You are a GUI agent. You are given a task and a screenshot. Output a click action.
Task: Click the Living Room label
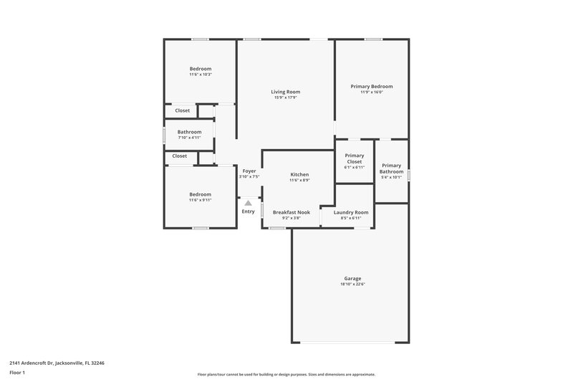(x=285, y=92)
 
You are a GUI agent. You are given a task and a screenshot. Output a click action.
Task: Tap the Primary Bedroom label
(x=371, y=86)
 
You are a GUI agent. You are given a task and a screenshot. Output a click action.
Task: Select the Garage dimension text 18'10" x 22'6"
(x=352, y=284)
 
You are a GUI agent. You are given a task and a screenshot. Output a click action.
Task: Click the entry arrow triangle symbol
(x=248, y=203)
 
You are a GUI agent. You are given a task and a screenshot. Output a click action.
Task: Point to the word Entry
(x=248, y=211)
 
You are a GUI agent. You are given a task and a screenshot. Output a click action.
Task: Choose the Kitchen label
(x=299, y=175)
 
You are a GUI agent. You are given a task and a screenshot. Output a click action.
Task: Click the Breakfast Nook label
(x=291, y=212)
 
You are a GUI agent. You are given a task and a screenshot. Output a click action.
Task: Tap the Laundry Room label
(x=351, y=212)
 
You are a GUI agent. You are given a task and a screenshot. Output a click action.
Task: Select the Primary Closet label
(x=355, y=158)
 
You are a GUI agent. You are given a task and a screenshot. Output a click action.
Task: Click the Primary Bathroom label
(x=392, y=168)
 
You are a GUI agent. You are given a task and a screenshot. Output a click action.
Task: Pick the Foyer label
(x=249, y=171)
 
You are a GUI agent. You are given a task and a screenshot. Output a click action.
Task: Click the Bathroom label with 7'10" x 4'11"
(x=190, y=132)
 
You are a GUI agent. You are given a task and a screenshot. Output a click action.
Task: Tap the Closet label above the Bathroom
(x=183, y=110)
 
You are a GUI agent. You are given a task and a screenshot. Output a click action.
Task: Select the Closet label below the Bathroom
(x=180, y=156)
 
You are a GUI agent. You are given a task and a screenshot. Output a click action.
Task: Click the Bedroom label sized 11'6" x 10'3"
(x=201, y=69)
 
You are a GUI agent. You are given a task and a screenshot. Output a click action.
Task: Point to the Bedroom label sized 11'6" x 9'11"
(x=201, y=194)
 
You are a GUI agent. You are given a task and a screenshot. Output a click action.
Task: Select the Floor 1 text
(x=17, y=373)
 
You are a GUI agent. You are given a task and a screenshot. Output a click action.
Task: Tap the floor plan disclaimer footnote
(x=286, y=374)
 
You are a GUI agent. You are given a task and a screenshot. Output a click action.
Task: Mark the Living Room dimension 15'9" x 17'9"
(x=285, y=97)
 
